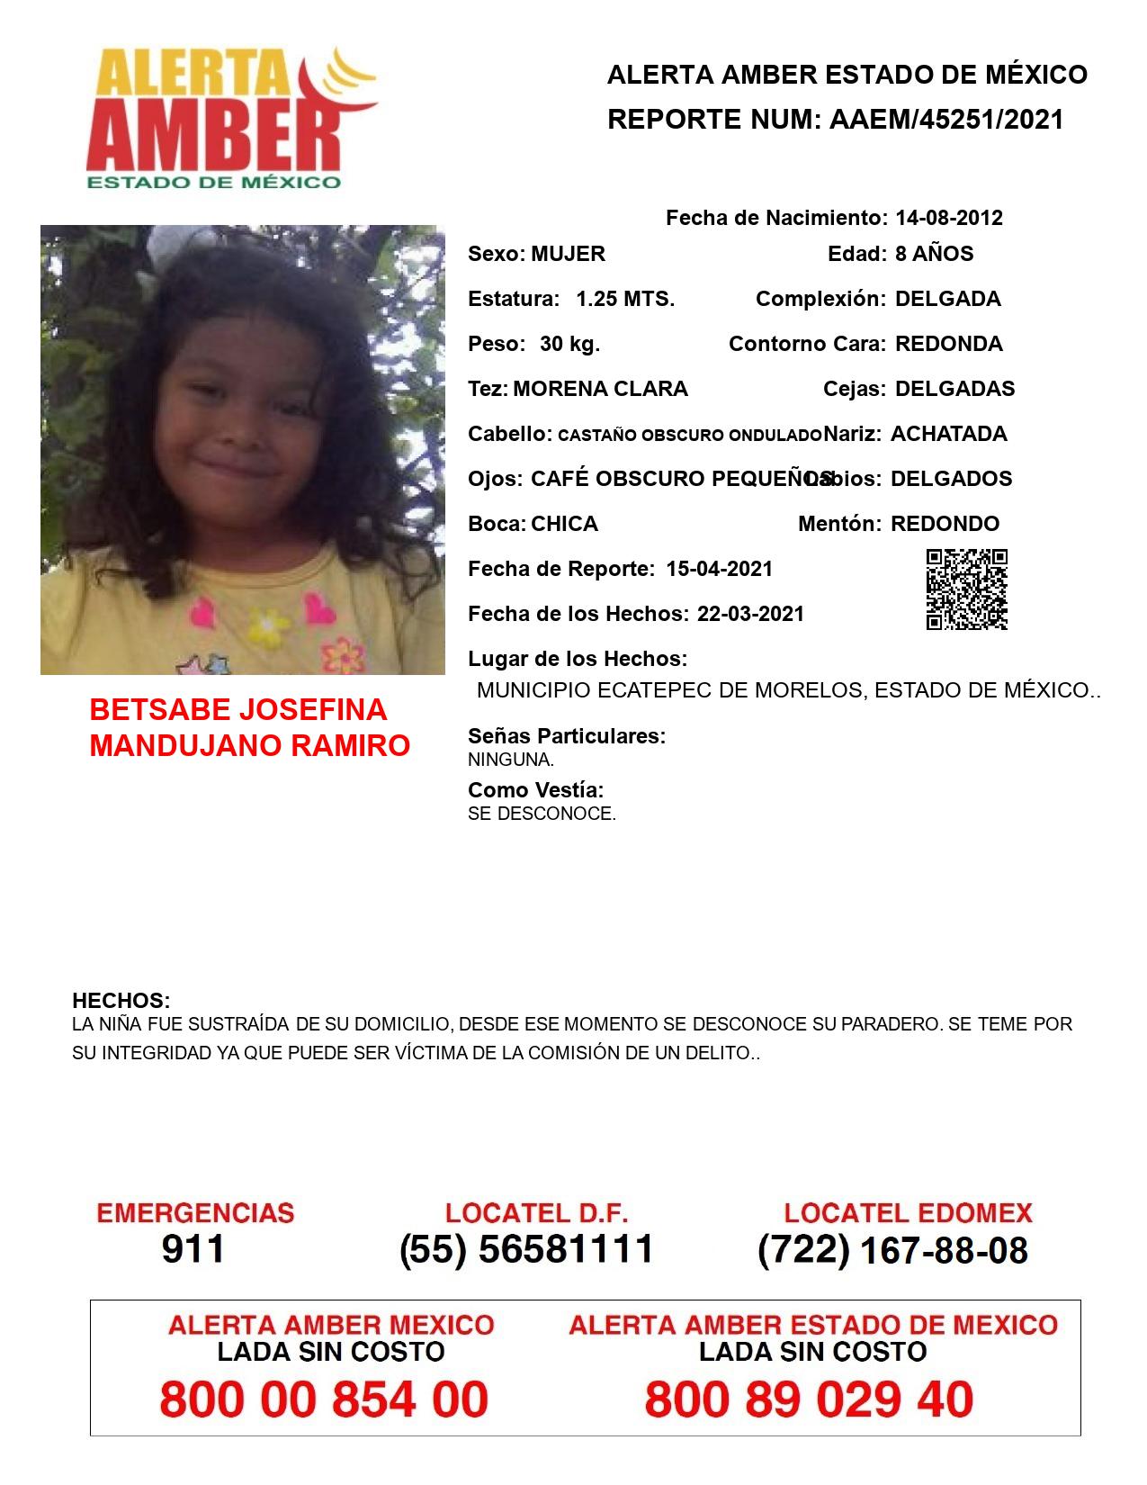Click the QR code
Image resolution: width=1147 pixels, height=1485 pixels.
tap(967, 589)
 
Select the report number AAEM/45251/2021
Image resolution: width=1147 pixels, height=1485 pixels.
tap(946, 120)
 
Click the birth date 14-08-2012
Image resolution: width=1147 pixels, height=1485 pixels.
tap(949, 218)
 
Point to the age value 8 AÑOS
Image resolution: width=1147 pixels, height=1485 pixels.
tap(934, 254)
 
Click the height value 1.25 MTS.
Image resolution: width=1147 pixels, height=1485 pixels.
tap(625, 299)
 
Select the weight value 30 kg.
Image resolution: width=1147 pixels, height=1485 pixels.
tap(569, 344)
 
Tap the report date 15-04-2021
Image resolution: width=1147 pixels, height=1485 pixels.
tap(719, 569)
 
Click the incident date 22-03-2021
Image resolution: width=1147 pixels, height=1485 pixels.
tap(750, 614)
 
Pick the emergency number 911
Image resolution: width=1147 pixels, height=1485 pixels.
tap(193, 1249)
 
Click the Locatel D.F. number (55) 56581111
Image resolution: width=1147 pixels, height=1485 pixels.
tap(526, 1249)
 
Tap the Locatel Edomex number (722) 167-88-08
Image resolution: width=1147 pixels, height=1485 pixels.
tap(892, 1250)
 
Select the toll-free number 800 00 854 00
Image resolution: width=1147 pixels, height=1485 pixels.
tap(324, 1399)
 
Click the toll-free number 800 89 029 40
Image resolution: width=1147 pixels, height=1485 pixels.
tap(809, 1399)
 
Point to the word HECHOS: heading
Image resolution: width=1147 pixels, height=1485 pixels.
tap(121, 1001)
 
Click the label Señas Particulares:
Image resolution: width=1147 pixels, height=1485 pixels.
tap(567, 736)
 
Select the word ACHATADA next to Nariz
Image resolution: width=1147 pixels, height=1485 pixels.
tap(948, 434)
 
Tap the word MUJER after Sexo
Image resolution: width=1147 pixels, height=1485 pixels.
tap(568, 254)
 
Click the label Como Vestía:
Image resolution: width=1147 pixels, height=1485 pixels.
tap(535, 790)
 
